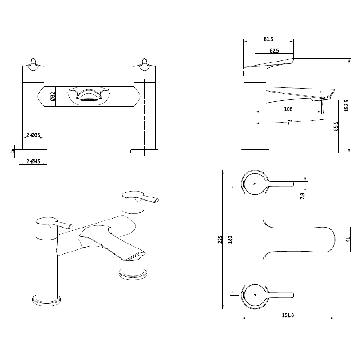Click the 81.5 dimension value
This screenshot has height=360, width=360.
[x=269, y=39]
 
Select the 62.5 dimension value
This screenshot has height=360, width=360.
[x=274, y=51]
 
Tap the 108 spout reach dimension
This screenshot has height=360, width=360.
[x=288, y=109]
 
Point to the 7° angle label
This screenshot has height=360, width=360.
[x=289, y=122]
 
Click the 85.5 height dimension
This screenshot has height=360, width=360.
[x=336, y=126]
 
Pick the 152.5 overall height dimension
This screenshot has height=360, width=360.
[x=346, y=105]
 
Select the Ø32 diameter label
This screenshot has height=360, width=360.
[x=53, y=97]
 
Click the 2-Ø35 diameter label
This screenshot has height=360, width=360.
[x=33, y=136]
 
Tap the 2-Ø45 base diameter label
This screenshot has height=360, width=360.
[x=33, y=162]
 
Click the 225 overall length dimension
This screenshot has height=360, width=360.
[x=220, y=239]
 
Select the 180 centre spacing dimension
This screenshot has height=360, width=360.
[x=230, y=239]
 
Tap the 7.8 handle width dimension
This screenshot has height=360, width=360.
[x=302, y=195]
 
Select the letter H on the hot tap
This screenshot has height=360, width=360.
[x=255, y=295]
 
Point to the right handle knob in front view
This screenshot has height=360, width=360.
[x=145, y=63]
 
